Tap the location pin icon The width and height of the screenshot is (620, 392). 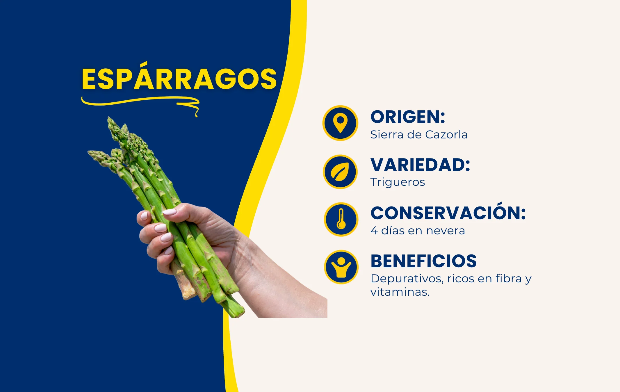point(340,123)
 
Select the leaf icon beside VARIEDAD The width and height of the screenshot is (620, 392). point(340,172)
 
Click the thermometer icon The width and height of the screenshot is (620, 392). point(341,220)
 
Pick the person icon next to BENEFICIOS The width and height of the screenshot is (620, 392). point(341,267)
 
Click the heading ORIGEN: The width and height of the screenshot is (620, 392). point(408,117)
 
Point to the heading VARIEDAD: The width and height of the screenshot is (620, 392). point(420,165)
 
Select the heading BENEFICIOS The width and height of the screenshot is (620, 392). point(424,261)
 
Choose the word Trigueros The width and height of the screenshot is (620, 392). point(398,182)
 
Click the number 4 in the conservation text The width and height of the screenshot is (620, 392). point(374,231)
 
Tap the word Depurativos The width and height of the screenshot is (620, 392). point(407,279)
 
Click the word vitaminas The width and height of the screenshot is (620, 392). point(400,292)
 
